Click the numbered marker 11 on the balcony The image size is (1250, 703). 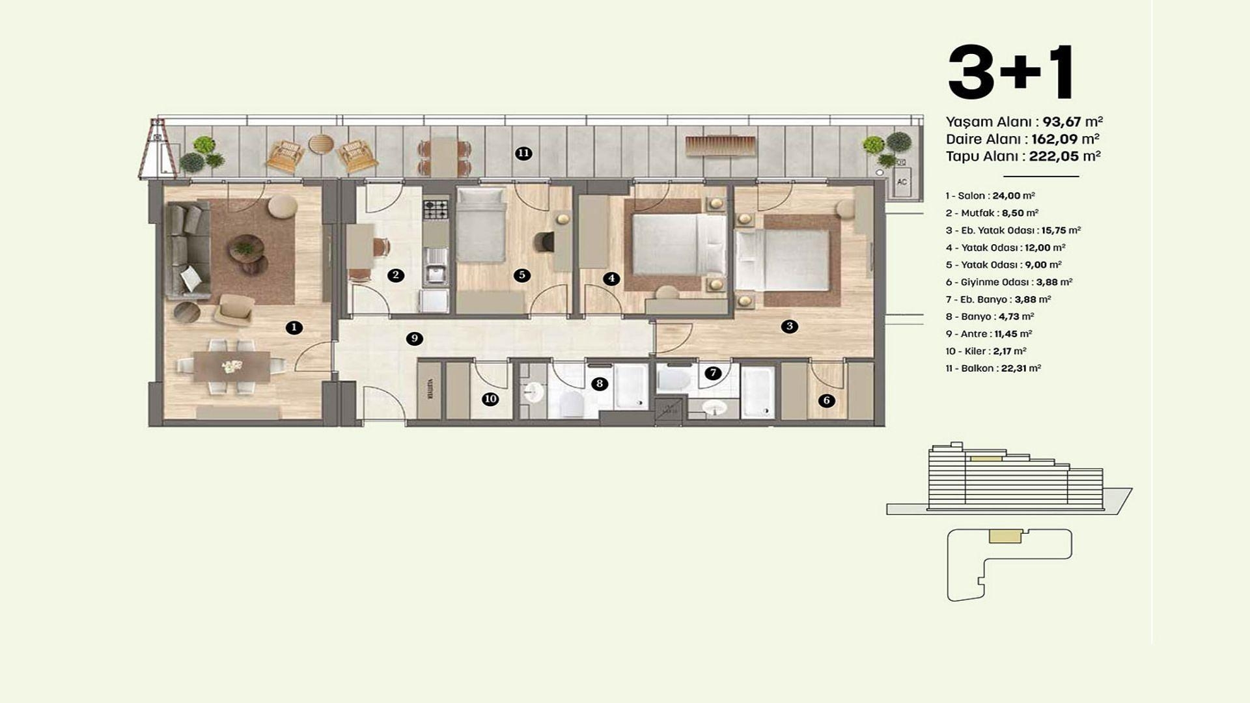[x=523, y=154]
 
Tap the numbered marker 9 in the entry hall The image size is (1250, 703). [x=414, y=338]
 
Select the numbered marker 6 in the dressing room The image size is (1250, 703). [x=826, y=400]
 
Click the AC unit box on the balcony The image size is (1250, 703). [x=902, y=182]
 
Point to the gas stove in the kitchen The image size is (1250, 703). [x=436, y=210]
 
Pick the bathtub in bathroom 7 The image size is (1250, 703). [x=758, y=393]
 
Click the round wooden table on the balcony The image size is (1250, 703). [x=320, y=144]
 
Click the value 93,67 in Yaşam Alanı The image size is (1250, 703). [x=1061, y=122]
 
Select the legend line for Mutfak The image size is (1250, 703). [x=992, y=213]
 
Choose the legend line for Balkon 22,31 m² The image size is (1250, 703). [x=993, y=368]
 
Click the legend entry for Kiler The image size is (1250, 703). [x=986, y=351]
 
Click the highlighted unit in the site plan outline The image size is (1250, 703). [x=1005, y=536]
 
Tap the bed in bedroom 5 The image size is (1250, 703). [x=480, y=225]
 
